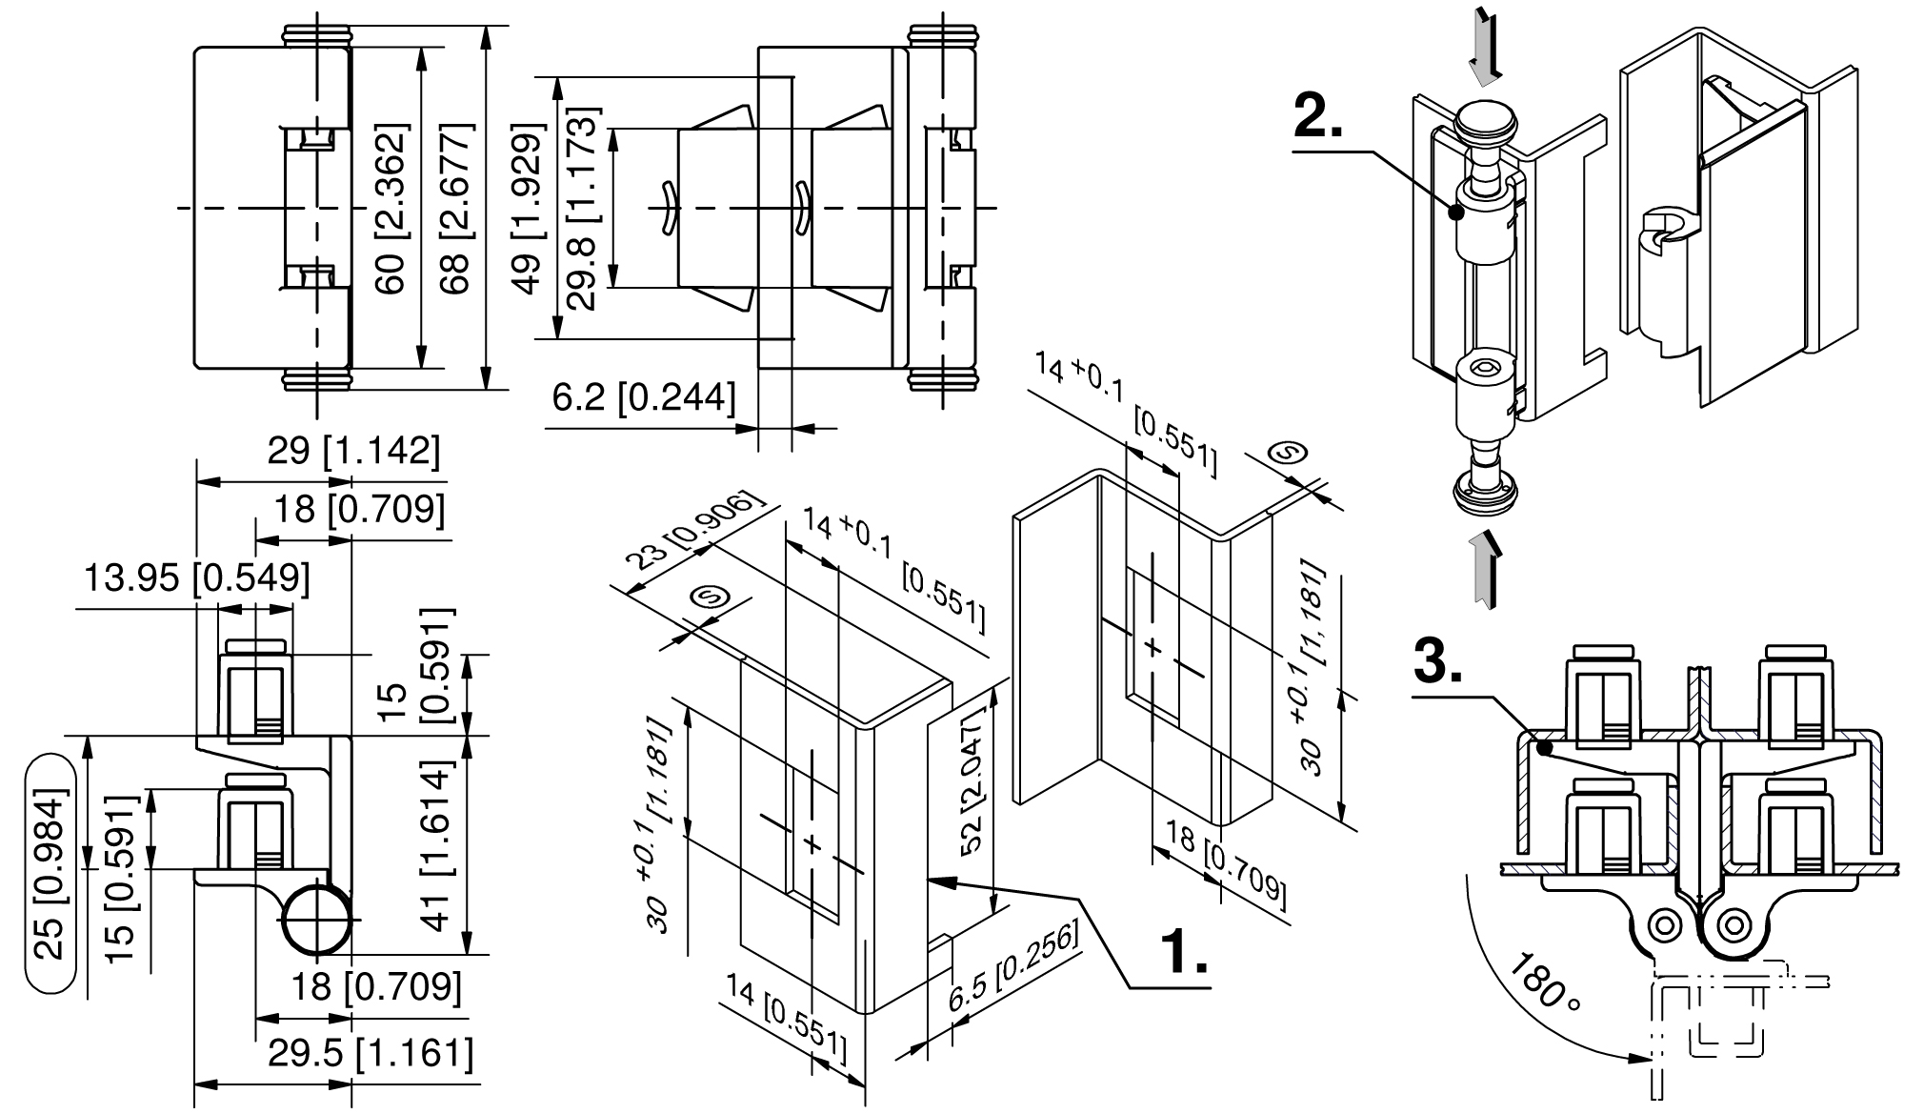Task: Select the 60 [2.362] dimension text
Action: click(x=391, y=209)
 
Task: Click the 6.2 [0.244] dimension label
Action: click(x=644, y=398)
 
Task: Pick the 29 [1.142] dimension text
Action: click(x=353, y=451)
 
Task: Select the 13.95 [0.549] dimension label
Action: click(x=197, y=577)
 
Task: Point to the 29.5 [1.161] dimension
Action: click(x=370, y=1054)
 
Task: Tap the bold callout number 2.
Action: click(x=1319, y=119)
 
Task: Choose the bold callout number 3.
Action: click(x=1438, y=661)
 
